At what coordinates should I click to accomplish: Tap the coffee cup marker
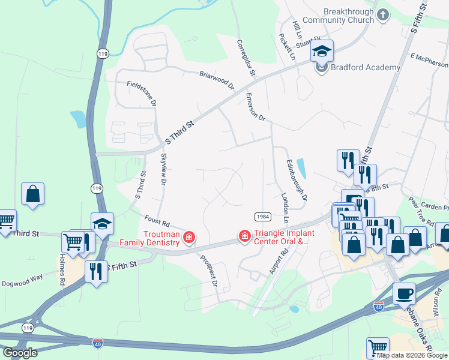(405, 294)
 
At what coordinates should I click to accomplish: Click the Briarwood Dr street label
(217, 80)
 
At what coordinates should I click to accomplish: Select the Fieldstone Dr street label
(142, 94)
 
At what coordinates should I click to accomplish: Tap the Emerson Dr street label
(255, 107)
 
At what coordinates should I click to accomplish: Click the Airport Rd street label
(279, 260)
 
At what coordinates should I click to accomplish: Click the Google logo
(20, 353)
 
